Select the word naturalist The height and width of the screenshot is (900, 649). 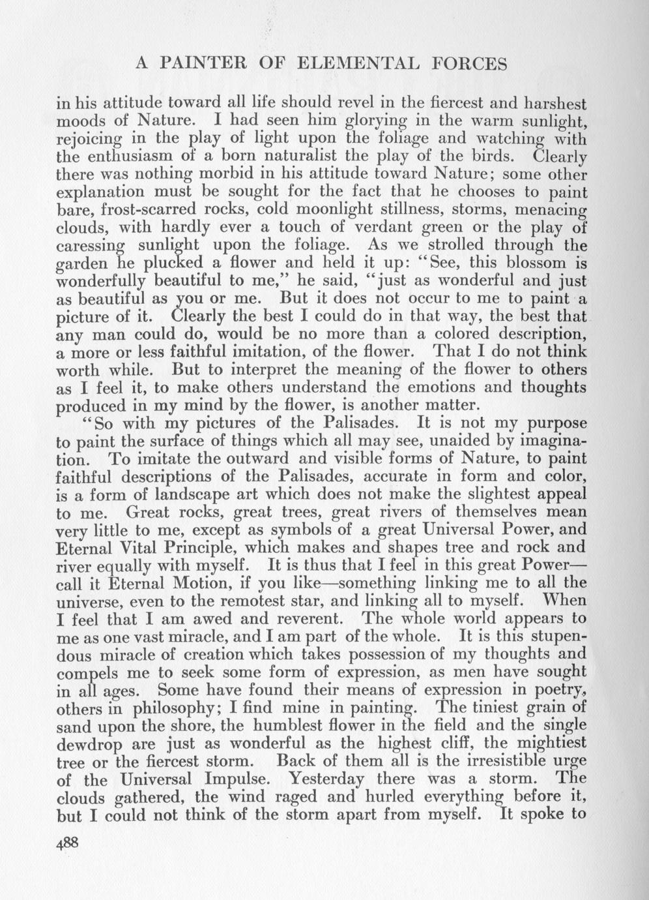pos(330,157)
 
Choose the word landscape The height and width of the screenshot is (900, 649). pos(204,494)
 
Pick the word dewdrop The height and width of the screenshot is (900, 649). pos(89,743)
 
